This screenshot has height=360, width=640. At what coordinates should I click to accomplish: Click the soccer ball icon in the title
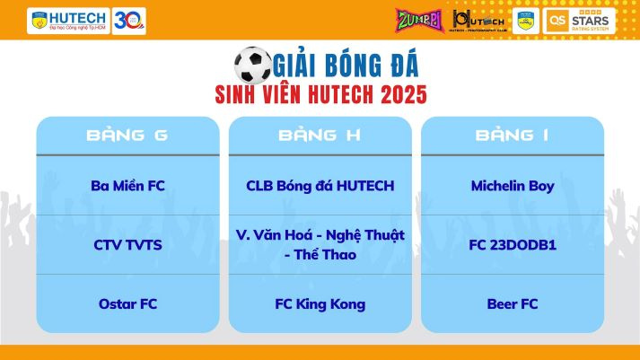pyautogui.click(x=252, y=65)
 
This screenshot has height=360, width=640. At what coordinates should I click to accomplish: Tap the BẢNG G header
pyautogui.click(x=127, y=136)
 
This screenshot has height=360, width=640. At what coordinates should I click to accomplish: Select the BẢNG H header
pyautogui.click(x=320, y=136)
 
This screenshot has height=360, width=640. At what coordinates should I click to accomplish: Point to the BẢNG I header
pyautogui.click(x=512, y=136)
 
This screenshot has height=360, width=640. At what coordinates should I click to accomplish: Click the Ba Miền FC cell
pyautogui.click(x=127, y=186)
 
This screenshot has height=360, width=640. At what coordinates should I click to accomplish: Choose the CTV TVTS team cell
pyautogui.click(x=127, y=244)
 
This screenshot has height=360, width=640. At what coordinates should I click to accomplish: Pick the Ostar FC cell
pyautogui.click(x=127, y=303)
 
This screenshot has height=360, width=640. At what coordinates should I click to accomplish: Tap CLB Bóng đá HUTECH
pyautogui.click(x=320, y=186)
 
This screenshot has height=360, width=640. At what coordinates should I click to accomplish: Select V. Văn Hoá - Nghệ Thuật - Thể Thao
pyautogui.click(x=320, y=244)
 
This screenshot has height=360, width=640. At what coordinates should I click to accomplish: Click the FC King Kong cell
pyautogui.click(x=320, y=303)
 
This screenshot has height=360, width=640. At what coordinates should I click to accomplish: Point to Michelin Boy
pyautogui.click(x=512, y=186)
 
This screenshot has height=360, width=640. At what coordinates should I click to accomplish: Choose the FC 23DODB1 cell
pyautogui.click(x=512, y=244)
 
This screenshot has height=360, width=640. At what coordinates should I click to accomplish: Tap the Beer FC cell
pyautogui.click(x=512, y=303)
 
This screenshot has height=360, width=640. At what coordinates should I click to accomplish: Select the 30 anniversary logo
pyautogui.click(x=129, y=20)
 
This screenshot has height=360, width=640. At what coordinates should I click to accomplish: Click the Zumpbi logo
pyautogui.click(x=416, y=19)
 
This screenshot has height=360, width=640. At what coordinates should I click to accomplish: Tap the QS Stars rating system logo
pyautogui.click(x=579, y=20)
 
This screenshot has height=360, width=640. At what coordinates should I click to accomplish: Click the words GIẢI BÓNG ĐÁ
pyautogui.click(x=346, y=65)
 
